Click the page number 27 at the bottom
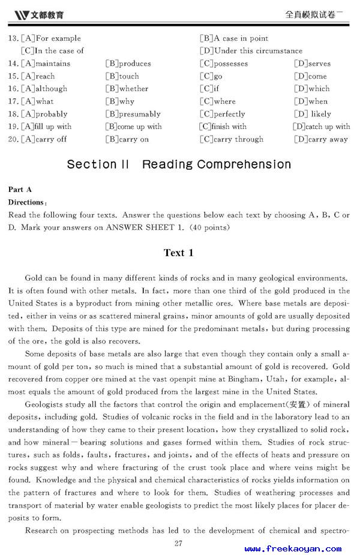pyautogui.click(x=178, y=544)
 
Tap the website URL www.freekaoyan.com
pyautogui.click(x=293, y=548)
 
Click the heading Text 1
pyautogui.click(x=179, y=253)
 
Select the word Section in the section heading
pyautogui.click(x=92, y=164)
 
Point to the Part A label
pyautogui.click(x=20, y=190)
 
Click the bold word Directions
pyautogui.click(x=26, y=202)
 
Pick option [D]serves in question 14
pyautogui.click(x=312, y=64)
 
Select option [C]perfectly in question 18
pyautogui.click(x=223, y=114)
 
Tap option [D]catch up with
pyautogui.click(x=322, y=127)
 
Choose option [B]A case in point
pyautogui.click(x=234, y=38)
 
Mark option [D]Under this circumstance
pyautogui.click(x=251, y=51)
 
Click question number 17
pyautogui.click(x=13, y=101)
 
